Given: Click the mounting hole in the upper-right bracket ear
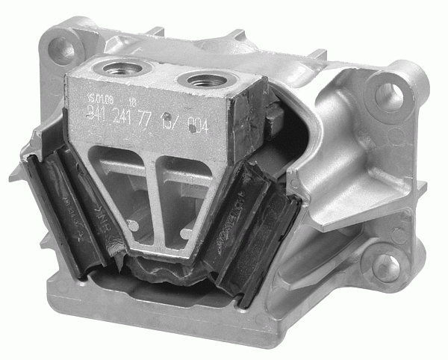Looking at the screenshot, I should click(x=388, y=94).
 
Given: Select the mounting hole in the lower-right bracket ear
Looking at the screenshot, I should click(x=386, y=267).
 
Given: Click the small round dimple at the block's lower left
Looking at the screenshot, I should click(x=132, y=224).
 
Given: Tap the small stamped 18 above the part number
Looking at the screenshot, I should click(x=132, y=100).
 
